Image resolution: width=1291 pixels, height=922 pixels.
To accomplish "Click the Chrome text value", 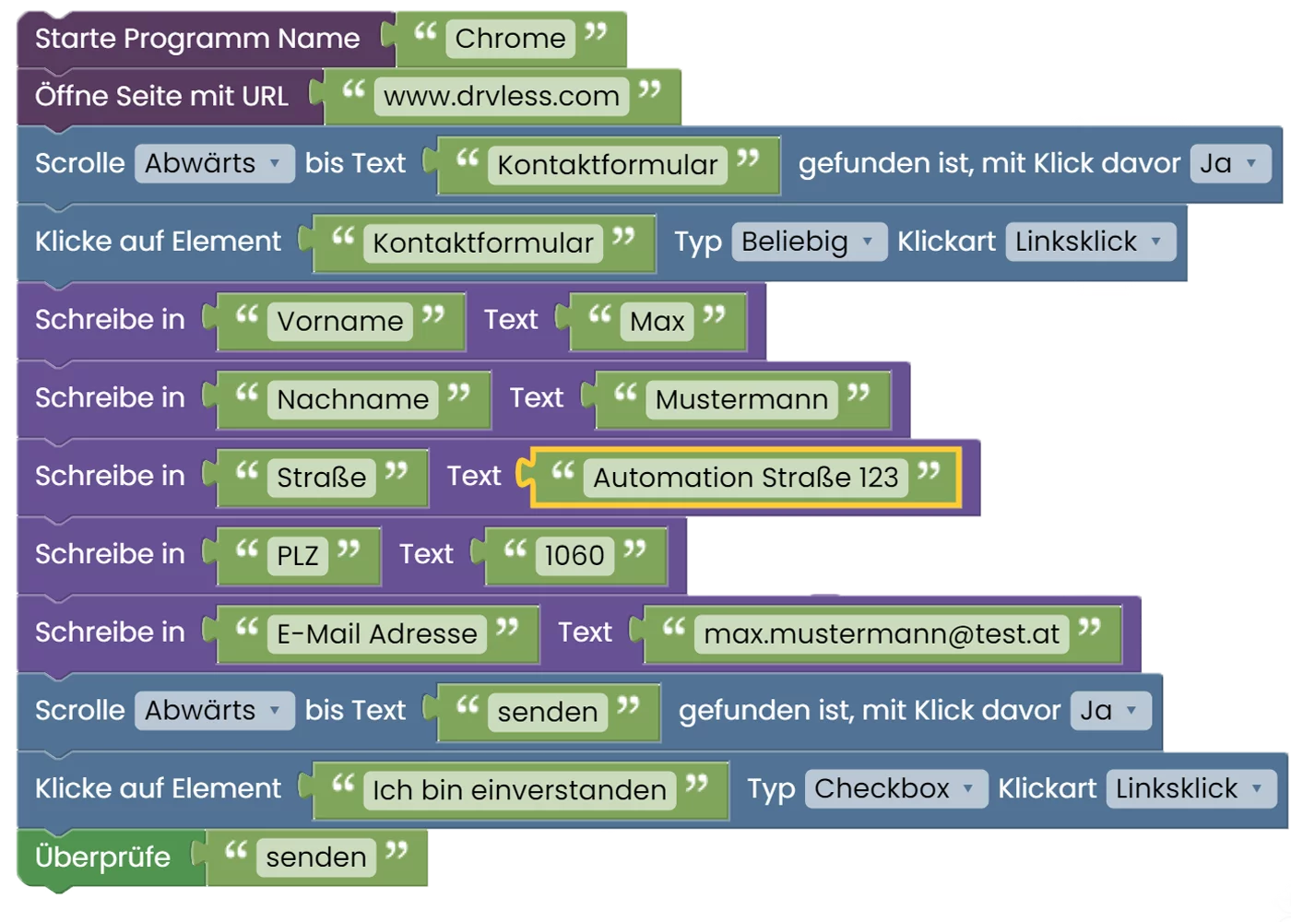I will (510, 39).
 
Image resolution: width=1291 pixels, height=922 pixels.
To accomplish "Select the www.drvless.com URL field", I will (501, 96).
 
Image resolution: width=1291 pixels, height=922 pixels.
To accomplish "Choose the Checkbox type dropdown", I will (895, 789).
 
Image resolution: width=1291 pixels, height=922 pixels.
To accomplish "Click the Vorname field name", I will (339, 321).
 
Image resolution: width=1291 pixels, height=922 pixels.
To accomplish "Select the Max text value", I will (657, 321).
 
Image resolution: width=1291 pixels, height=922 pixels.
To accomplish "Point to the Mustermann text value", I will (741, 399).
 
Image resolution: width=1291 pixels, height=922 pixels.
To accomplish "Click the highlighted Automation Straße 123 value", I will (745, 478).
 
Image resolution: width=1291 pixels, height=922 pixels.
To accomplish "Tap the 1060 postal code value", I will (574, 555).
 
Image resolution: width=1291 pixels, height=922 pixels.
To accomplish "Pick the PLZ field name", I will (297, 555).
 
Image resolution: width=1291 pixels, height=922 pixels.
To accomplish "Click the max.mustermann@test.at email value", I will (882, 633).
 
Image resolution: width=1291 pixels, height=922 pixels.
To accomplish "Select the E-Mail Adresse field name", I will (376, 633).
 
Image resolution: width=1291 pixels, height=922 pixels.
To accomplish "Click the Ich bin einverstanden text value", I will (519, 790).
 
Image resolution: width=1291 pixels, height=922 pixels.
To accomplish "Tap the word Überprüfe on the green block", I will (102, 857).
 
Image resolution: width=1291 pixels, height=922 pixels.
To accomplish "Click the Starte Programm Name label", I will (197, 39).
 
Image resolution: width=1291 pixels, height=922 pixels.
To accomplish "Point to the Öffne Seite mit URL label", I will (161, 96).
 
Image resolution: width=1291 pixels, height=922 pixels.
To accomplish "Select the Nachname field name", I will (352, 399).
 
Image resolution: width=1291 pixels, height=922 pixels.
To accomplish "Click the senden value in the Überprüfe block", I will (315, 857).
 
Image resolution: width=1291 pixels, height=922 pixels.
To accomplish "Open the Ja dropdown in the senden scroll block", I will (1110, 711).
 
